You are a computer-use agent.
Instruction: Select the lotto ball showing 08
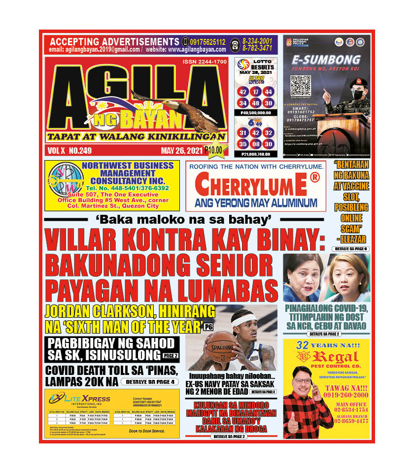(x=255, y=144)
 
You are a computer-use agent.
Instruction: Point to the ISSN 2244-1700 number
(x=203, y=62)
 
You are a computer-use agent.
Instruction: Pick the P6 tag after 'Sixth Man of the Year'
(x=209, y=327)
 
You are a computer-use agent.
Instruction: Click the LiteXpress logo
(x=79, y=398)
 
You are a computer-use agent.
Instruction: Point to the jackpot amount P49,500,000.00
(x=255, y=113)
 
